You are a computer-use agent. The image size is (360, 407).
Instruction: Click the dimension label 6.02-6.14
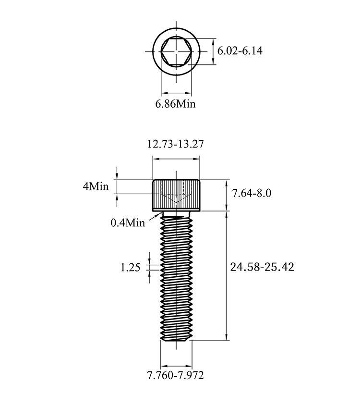point(240,50)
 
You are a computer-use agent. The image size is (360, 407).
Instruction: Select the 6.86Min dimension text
point(175,104)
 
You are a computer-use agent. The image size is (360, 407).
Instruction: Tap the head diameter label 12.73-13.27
point(176,144)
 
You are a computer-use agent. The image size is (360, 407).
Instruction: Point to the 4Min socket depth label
point(96,186)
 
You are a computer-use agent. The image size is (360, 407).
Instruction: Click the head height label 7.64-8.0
point(252,193)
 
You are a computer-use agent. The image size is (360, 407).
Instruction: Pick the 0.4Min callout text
point(128,222)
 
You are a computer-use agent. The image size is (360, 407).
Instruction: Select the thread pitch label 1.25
point(130,267)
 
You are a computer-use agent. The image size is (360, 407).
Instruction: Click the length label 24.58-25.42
point(262,267)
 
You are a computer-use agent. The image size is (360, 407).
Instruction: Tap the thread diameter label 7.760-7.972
point(176,375)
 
